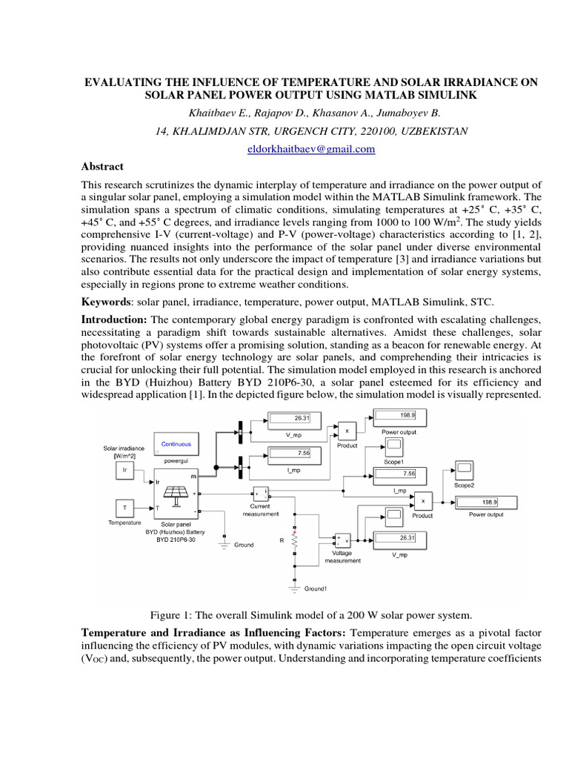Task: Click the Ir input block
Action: [125, 471]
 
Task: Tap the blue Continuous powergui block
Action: [176, 445]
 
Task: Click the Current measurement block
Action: [262, 494]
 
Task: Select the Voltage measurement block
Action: [343, 540]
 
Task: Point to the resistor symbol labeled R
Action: [296, 543]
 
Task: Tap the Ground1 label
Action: [316, 589]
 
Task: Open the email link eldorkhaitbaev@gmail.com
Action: [284, 149]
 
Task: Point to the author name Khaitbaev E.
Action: [212, 113]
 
